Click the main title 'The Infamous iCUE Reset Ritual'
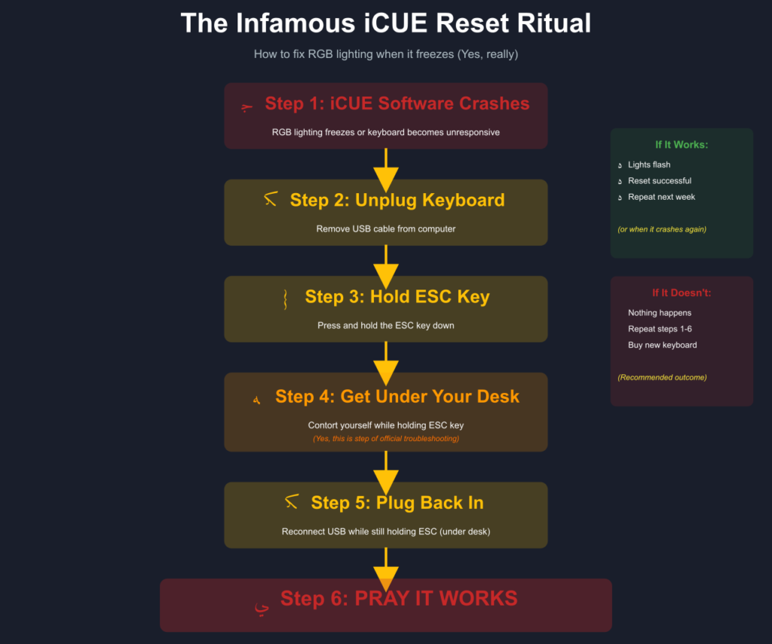[x=385, y=23]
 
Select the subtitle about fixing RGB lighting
[x=385, y=54]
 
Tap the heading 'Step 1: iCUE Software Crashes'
[x=397, y=104]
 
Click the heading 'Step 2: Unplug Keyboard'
[x=397, y=201]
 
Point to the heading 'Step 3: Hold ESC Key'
[x=397, y=297]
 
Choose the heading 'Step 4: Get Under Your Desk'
[x=397, y=397]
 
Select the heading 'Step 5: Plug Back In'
[x=397, y=503]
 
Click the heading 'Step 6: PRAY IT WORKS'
[x=399, y=599]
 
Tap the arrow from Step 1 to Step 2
[x=386, y=170]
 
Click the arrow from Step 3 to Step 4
[x=386, y=363]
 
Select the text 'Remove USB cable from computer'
[x=386, y=228]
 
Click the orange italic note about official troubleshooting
[x=386, y=438]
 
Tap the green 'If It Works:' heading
[x=682, y=145]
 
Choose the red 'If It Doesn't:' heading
[x=682, y=293]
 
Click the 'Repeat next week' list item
[x=661, y=197]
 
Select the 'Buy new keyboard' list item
[x=662, y=345]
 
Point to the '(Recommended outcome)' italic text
[x=662, y=377]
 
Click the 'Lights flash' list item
[x=649, y=164]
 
